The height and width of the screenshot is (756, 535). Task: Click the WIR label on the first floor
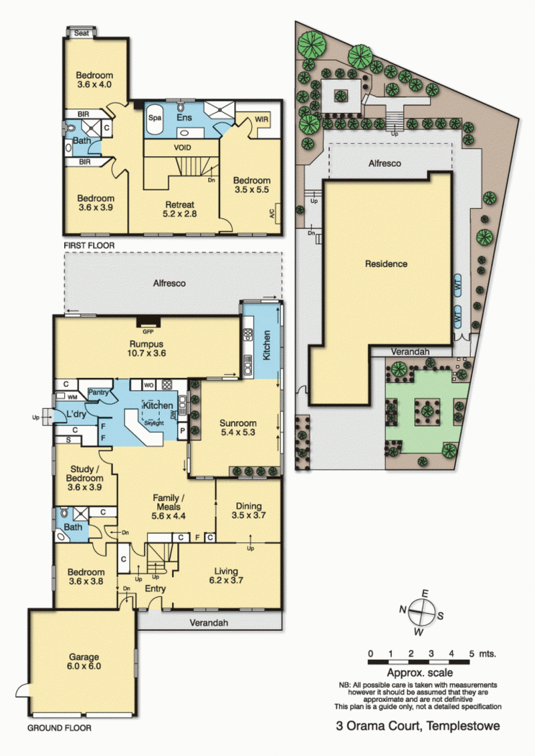[261, 120]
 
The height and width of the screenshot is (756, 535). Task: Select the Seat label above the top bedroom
[82, 33]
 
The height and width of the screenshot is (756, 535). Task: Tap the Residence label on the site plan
[386, 264]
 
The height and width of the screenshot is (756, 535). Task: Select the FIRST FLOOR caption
[89, 246]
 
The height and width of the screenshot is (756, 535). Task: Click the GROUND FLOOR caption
[60, 728]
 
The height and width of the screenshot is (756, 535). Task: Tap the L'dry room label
[70, 414]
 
